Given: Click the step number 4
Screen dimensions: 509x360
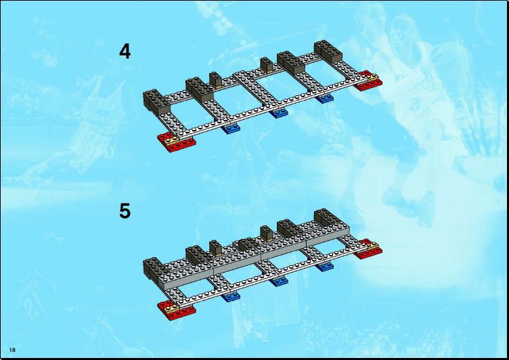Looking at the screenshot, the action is (x=125, y=51).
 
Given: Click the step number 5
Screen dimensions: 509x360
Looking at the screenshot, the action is (x=125, y=211).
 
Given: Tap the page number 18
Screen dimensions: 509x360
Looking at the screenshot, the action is (x=12, y=350).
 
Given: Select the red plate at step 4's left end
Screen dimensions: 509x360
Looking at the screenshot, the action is (x=177, y=144).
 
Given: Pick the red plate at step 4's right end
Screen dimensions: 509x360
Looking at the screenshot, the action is (x=368, y=82).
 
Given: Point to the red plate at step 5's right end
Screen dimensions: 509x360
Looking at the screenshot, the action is (x=369, y=250).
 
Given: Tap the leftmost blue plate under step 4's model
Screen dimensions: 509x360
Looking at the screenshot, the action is (x=231, y=129).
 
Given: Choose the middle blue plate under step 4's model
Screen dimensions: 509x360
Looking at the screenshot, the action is (x=278, y=113).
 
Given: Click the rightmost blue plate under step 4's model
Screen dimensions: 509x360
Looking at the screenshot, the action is (x=325, y=98).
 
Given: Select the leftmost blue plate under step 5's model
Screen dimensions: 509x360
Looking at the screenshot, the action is (x=231, y=296).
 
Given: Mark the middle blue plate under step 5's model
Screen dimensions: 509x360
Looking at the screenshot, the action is (x=278, y=281).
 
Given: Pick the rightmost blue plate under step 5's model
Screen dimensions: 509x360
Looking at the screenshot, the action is (x=325, y=266).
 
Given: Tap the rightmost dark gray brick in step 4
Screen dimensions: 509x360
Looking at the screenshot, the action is (x=328, y=50).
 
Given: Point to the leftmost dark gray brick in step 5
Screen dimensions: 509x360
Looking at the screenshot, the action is (x=155, y=269).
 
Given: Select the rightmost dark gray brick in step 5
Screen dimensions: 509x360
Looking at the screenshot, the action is (x=328, y=218).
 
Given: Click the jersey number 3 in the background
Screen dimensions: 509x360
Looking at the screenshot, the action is (x=414, y=105).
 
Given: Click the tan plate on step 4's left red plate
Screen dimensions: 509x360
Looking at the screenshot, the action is (x=172, y=140).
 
